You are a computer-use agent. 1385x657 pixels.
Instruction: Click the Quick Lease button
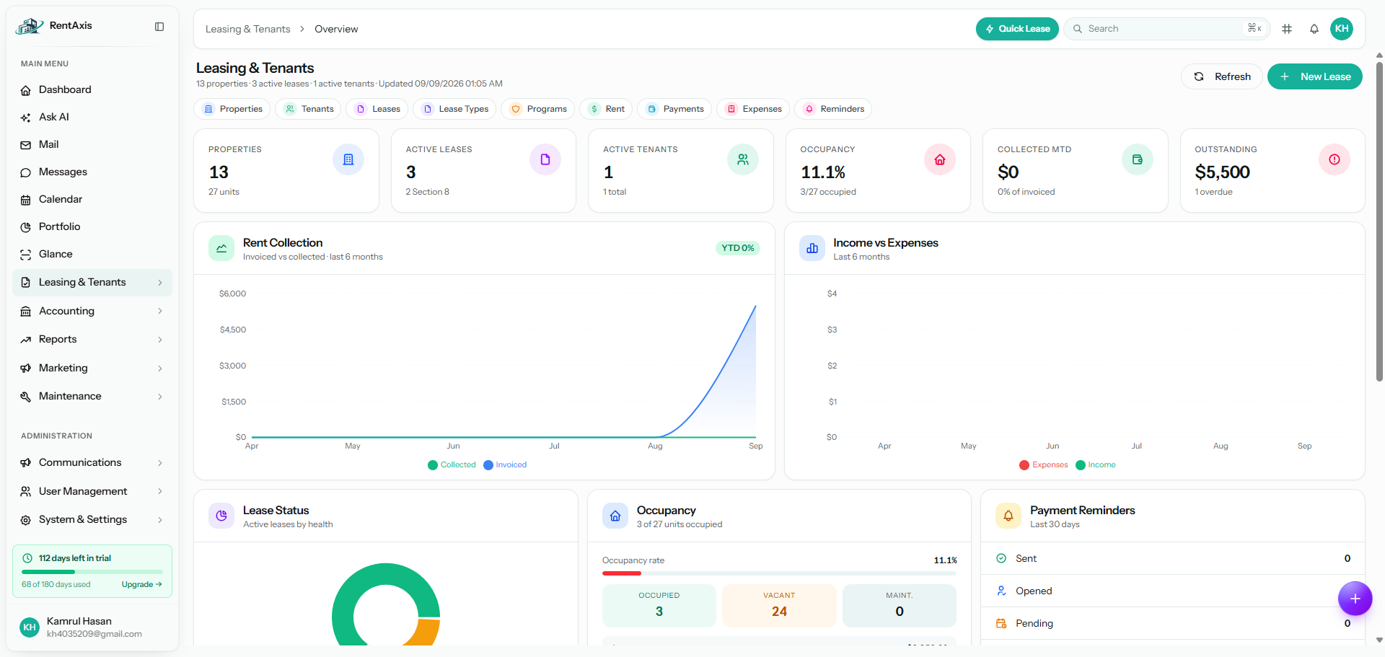pos(1017,29)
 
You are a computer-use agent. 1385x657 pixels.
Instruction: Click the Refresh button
pos(1222,76)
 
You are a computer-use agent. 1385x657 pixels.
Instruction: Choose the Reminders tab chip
pos(833,109)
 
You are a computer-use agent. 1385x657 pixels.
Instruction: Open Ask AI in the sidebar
pos(54,117)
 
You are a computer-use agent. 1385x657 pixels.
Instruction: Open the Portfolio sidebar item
pos(59,226)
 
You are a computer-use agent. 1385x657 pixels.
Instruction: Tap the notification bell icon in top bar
pos(1314,29)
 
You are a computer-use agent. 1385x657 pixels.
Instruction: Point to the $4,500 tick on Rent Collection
pos(233,330)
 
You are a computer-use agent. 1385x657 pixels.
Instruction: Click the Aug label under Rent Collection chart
pos(655,446)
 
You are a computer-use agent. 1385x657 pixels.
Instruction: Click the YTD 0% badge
pos(738,248)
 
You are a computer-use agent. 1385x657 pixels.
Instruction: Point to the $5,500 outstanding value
pos(1222,172)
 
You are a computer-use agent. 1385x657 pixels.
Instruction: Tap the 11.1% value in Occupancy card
pos(823,172)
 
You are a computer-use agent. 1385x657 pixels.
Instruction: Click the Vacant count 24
pos(779,612)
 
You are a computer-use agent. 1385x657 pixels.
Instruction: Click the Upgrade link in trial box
pos(141,584)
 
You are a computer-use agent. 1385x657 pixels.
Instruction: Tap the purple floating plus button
pos(1355,599)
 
